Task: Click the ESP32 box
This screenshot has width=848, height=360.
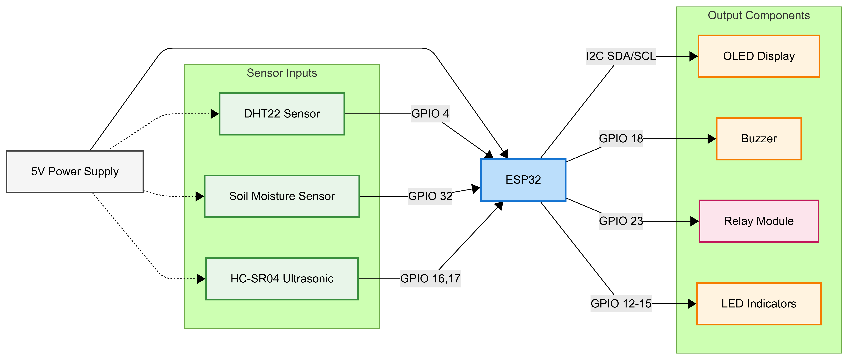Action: [523, 180]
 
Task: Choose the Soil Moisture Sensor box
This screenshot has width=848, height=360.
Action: [282, 196]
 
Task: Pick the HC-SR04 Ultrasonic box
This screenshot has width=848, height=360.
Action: [282, 279]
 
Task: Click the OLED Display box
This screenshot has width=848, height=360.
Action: [759, 56]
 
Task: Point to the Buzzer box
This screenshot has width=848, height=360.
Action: [759, 139]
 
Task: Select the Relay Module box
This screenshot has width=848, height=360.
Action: [759, 221]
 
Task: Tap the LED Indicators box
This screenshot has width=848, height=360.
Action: [759, 304]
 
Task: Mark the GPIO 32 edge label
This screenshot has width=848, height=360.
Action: [430, 196]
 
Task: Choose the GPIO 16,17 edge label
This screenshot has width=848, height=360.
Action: [430, 279]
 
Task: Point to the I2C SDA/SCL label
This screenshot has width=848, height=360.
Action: [621, 56]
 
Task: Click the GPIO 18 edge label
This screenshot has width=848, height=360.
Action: [621, 139]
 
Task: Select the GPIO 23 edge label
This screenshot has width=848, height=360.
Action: [621, 221]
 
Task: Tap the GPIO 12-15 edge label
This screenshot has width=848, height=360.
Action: [621, 304]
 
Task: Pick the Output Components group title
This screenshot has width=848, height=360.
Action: [759, 16]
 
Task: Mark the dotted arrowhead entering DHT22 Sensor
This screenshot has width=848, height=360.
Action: [215, 114]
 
